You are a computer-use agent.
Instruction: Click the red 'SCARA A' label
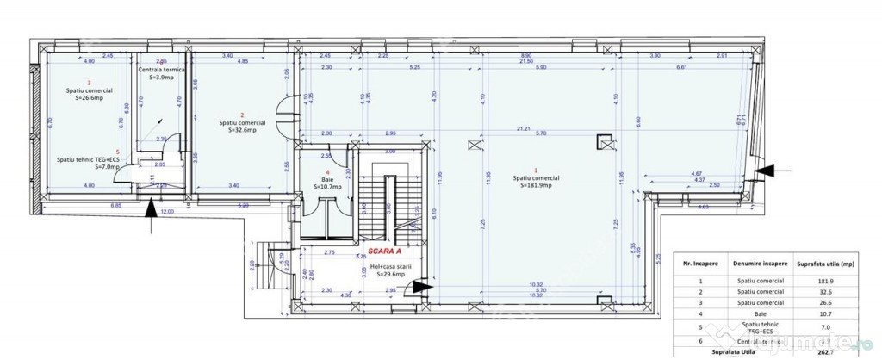point(387,251)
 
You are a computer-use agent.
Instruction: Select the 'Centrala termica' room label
point(162,69)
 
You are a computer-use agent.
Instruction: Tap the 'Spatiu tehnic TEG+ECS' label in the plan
point(88,159)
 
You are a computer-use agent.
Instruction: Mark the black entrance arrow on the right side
point(765,171)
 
